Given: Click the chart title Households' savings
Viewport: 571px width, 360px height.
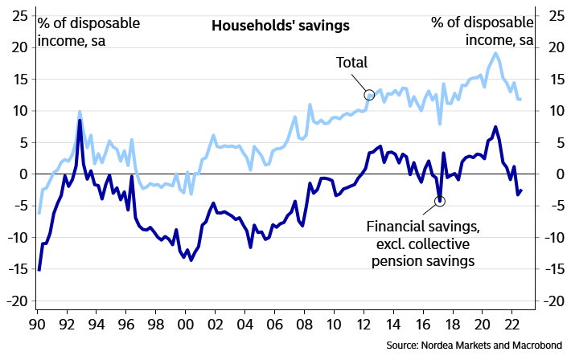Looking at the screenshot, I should click(281, 26).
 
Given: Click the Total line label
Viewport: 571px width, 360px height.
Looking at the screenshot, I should click(351, 63).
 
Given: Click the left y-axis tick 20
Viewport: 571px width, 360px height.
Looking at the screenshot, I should click(18, 47).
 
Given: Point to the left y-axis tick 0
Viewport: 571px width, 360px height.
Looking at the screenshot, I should click(23, 174).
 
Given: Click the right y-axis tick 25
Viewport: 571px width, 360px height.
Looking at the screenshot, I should click(554, 16).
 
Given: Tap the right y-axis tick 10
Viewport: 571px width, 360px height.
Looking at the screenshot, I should click(554, 111).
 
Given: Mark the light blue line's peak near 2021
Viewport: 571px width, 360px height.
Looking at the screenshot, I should click(495, 53).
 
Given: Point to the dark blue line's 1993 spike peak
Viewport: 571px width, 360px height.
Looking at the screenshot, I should click(80, 121).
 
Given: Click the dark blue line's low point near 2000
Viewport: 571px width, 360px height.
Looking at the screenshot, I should click(191, 260).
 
